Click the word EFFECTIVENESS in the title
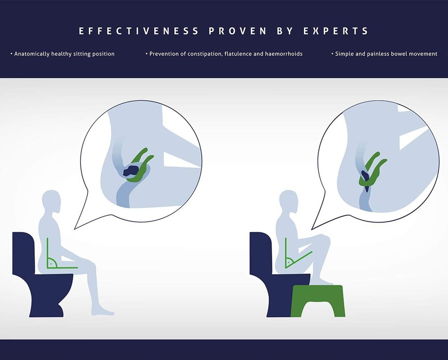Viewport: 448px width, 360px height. coord(139,31)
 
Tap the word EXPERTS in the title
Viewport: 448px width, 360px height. coord(336,31)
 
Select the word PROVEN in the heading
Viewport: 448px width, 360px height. coord(238,31)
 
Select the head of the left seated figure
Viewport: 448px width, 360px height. coord(52,201)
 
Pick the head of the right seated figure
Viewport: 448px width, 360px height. coord(289,201)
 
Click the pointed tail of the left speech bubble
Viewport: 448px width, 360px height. coord(74,229)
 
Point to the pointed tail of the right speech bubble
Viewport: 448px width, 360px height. coord(311,229)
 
